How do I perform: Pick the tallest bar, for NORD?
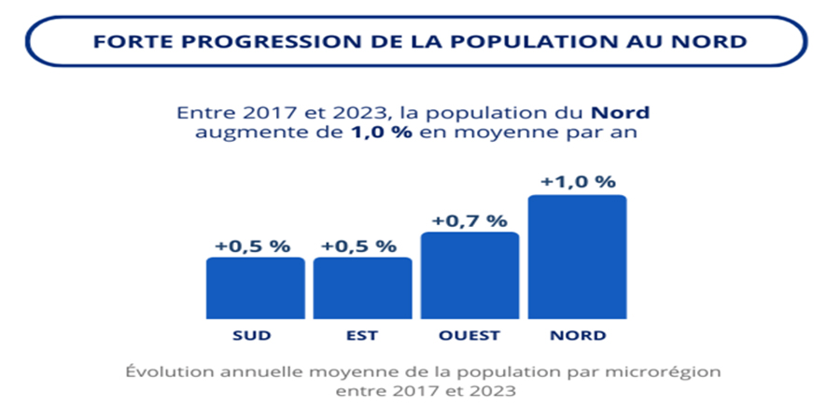coord(577,257)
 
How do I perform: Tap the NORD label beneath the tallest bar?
coord(577,335)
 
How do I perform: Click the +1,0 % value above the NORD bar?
coord(577,181)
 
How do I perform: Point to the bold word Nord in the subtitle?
coord(622,113)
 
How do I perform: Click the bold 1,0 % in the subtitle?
coord(380,133)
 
